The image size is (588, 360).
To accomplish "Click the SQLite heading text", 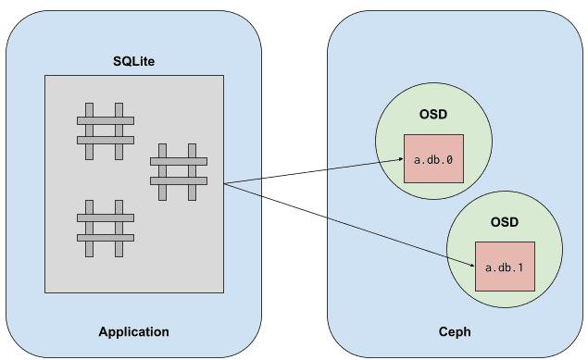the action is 134,61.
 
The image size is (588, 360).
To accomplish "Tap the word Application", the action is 134,332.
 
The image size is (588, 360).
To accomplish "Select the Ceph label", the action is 455,332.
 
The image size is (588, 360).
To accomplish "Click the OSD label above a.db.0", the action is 433,114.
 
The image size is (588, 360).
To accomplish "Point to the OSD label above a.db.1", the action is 505,222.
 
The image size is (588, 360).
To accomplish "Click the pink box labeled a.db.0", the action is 433,159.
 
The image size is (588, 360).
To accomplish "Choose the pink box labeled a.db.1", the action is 505,267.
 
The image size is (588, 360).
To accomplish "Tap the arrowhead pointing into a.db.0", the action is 401,159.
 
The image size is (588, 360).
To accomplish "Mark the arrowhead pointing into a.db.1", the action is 472,266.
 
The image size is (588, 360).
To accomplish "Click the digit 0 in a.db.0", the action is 449,160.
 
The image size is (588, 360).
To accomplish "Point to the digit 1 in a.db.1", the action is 520,267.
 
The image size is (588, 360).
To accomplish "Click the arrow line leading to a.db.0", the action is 314,171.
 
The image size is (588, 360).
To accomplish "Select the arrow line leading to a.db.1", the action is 349,225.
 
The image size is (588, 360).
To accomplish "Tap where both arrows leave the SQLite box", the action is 224,183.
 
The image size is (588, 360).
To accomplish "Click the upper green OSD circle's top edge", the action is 433,83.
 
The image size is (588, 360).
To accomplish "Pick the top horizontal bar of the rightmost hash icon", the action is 179,161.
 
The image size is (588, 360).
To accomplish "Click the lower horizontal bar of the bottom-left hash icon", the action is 106,238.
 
